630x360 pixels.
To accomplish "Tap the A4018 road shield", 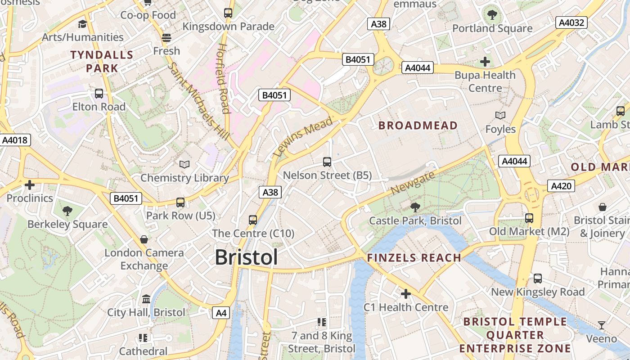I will (x=15, y=140).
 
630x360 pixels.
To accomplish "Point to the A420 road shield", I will (x=561, y=185).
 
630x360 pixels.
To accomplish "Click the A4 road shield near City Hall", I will (x=221, y=313).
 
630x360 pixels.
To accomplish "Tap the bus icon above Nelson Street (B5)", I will (x=327, y=162).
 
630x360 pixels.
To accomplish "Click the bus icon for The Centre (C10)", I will (x=253, y=220).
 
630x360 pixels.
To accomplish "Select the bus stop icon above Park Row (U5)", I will (x=180, y=202).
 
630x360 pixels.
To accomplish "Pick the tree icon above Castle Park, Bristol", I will (x=415, y=207).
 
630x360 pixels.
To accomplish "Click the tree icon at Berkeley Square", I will (x=67, y=210).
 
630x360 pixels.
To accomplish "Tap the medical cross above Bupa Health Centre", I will (x=485, y=61).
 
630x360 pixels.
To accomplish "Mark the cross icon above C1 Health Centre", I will (x=406, y=294).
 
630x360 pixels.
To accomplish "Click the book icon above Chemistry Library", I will (x=184, y=164).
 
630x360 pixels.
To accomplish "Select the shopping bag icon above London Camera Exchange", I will (x=144, y=239).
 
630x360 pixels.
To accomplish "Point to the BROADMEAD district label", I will (x=418, y=126).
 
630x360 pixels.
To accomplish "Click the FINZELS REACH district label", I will (x=414, y=258).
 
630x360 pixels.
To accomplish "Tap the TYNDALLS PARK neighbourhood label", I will (x=102, y=62).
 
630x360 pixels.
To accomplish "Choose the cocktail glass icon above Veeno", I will (x=602, y=325).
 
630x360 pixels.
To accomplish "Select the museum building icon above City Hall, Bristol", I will (x=146, y=299).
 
